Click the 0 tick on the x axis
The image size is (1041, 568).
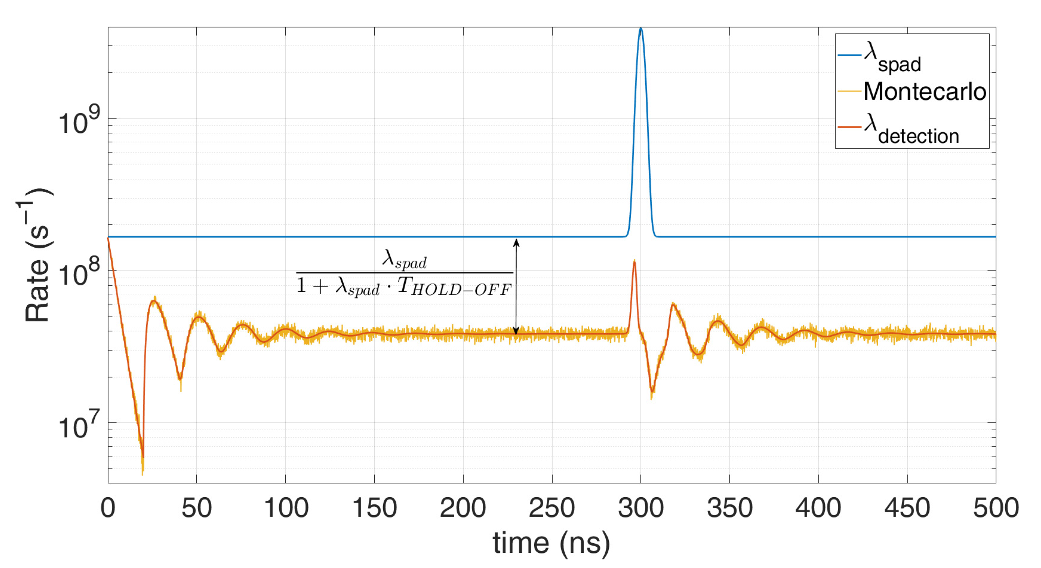point(108,508)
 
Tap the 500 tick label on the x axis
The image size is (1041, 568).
point(995,508)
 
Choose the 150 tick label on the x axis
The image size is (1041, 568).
point(374,508)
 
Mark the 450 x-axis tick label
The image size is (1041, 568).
point(907,508)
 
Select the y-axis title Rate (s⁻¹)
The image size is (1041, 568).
point(37,255)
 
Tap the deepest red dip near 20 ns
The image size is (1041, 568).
point(143,457)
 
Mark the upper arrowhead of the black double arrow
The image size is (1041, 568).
point(516,242)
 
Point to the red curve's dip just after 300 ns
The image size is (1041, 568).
point(652,391)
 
